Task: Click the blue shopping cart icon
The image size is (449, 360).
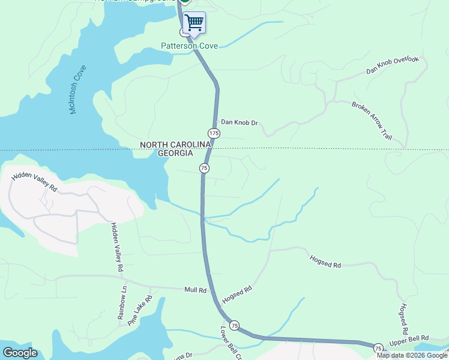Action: (194, 23)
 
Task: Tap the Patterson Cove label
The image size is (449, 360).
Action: (188, 46)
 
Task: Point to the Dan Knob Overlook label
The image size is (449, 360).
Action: (392, 65)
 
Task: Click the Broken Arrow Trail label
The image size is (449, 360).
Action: (372, 121)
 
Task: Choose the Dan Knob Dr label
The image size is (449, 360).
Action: (239, 122)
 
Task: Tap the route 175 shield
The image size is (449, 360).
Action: (214, 133)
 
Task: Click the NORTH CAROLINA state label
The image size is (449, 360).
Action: (175, 145)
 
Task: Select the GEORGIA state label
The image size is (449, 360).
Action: (175, 154)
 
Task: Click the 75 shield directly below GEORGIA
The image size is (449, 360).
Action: (204, 169)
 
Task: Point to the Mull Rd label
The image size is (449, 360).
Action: (195, 290)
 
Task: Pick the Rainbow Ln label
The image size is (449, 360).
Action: (123, 302)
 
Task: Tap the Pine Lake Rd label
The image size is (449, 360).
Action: (140, 310)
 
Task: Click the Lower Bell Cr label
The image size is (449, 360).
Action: (230, 343)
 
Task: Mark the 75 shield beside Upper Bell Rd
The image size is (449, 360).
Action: (378, 348)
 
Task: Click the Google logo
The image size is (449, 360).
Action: (20, 353)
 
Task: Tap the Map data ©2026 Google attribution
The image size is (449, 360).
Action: (412, 355)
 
